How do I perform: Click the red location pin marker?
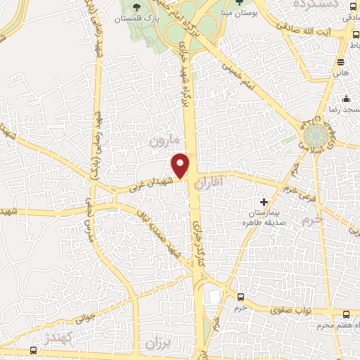(181, 165)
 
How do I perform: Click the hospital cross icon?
(264, 202)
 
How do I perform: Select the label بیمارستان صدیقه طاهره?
(262, 217)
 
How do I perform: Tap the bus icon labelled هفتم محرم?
(346, 314)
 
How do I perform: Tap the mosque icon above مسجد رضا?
(346, 98)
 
